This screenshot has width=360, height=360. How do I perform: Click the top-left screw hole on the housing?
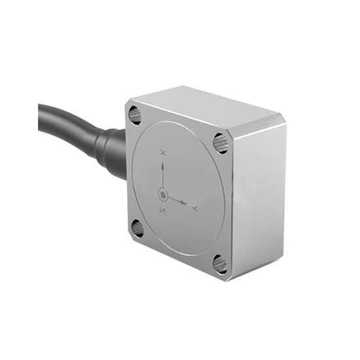point(135,117)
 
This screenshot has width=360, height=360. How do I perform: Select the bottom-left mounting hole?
point(137,228)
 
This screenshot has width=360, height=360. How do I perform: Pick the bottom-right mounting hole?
point(220,264)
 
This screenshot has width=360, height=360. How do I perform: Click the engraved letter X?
point(163,153)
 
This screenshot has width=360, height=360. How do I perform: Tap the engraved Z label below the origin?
point(163,209)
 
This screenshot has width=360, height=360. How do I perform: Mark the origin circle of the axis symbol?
point(163,194)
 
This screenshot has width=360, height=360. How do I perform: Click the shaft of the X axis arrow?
point(163,178)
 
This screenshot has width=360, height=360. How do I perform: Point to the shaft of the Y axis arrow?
point(175,199)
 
